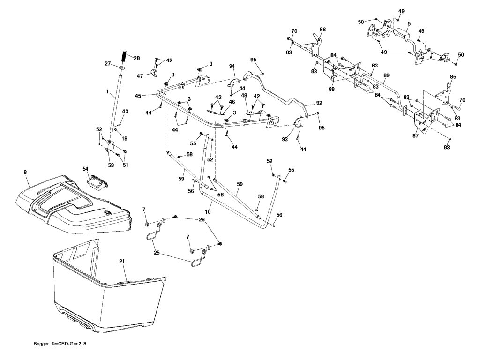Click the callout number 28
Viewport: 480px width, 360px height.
[136, 58]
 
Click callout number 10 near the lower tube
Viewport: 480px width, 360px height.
[208, 212]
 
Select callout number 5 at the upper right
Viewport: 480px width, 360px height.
[409, 23]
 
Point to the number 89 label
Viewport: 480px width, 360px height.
[386, 75]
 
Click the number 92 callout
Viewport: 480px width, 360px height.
[319, 102]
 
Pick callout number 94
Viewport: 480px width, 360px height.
[232, 67]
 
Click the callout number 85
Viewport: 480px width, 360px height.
[453, 76]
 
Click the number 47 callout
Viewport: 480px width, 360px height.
[140, 75]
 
